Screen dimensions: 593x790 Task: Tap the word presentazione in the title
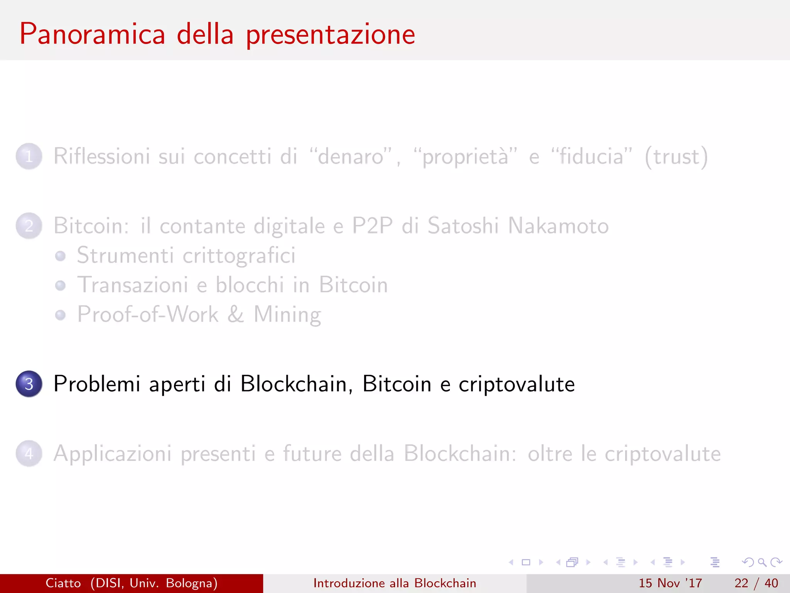(331, 35)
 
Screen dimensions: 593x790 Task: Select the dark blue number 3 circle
(29, 384)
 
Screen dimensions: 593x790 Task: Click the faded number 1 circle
(29, 156)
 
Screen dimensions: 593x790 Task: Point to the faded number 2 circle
(29, 226)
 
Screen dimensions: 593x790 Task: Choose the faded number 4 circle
(29, 454)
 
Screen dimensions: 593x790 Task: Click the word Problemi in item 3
(96, 384)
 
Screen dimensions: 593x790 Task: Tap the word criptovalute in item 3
(517, 385)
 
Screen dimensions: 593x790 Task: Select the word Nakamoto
(558, 226)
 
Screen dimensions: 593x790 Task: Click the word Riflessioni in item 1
(101, 156)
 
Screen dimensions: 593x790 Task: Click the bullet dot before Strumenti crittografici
(60, 256)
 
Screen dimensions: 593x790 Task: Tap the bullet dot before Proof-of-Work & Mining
(60, 315)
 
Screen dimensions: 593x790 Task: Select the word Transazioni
(133, 285)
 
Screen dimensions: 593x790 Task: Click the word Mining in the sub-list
(287, 315)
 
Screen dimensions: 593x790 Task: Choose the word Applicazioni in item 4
(112, 454)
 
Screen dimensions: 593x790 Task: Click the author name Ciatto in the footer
(63, 583)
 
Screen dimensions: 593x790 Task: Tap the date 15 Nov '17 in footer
(670, 583)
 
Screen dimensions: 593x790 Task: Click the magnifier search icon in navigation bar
(762, 562)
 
